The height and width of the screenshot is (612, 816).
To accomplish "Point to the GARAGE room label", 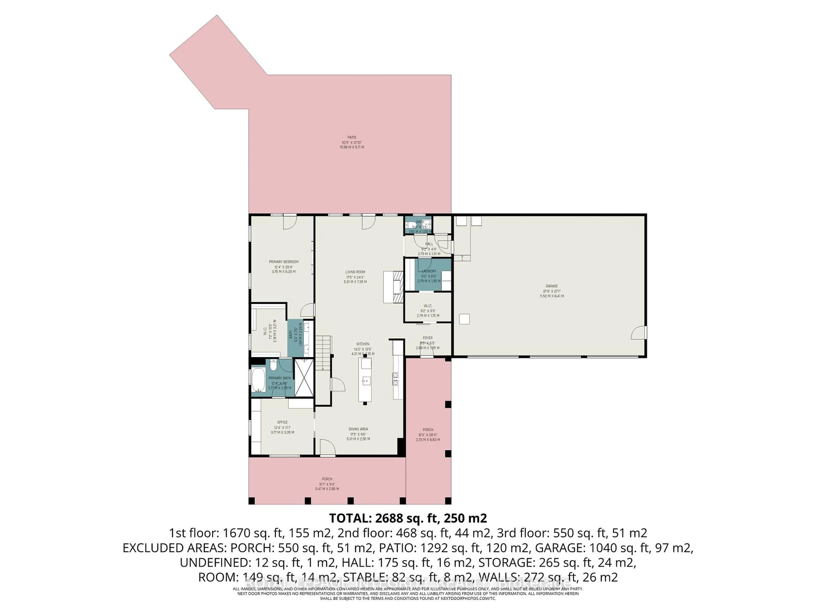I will click(551, 286).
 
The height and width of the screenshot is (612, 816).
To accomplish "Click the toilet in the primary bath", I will click(273, 365).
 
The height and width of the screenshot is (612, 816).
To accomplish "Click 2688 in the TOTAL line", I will click(390, 518).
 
